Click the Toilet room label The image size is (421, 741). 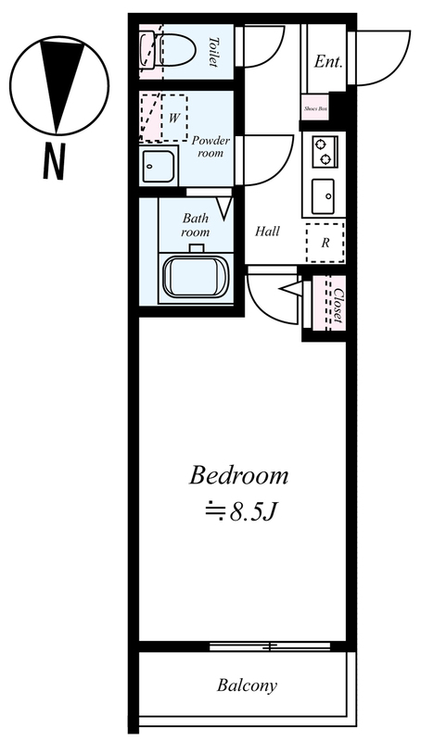tap(214, 52)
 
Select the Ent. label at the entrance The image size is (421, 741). tap(328, 61)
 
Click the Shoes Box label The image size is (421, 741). tap(315, 108)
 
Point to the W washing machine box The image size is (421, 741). tap(174, 119)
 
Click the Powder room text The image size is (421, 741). tap(211, 146)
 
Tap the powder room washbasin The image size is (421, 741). tap(159, 166)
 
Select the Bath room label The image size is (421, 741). tap(196, 225)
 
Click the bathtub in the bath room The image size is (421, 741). tap(196, 277)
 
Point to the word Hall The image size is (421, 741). tap(267, 232)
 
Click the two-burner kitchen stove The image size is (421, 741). tap(325, 151)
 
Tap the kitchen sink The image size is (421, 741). tap(323, 196)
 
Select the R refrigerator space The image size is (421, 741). tap(325, 243)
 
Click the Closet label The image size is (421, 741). tap(338, 306)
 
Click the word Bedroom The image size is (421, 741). tap(239, 476)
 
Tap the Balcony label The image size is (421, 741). tap(247, 685)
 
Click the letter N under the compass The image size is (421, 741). tap(54, 161)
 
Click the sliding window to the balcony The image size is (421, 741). tap(270, 646)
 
